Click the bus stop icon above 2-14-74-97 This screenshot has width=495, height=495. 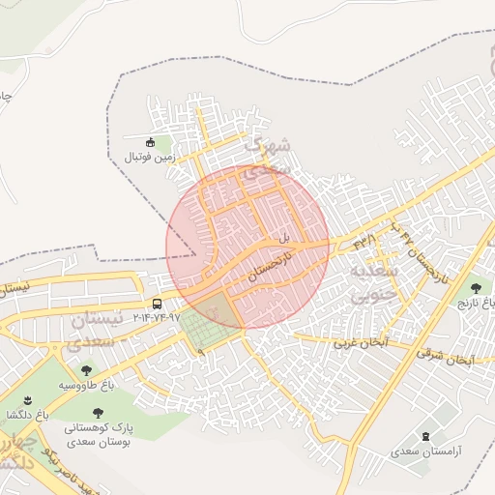pos(158,303)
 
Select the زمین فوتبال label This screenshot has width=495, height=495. pos(149,157)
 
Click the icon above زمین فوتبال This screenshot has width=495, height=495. pos(149,142)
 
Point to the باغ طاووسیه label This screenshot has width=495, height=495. pos(85,385)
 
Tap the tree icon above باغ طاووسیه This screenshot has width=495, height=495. pos(86,369)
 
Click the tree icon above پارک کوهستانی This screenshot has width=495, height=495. pos(96,412)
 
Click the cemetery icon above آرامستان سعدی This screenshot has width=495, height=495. pos(426,436)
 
